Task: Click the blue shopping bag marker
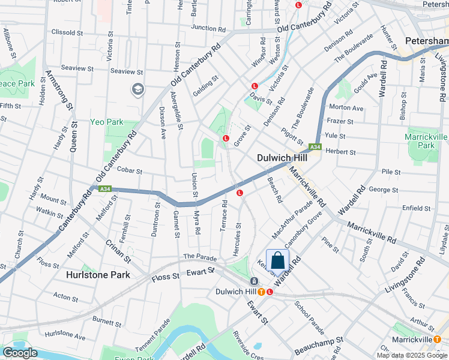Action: coord(277,261)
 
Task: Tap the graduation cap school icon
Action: coord(138,89)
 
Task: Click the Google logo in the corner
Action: coord(20,353)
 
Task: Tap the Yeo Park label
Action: coord(106,122)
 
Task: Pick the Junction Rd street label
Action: coord(208,28)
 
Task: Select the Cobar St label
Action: coord(129,171)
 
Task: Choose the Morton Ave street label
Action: coord(346,108)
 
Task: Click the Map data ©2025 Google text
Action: coord(412,355)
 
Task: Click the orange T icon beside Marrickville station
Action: coord(438,339)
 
